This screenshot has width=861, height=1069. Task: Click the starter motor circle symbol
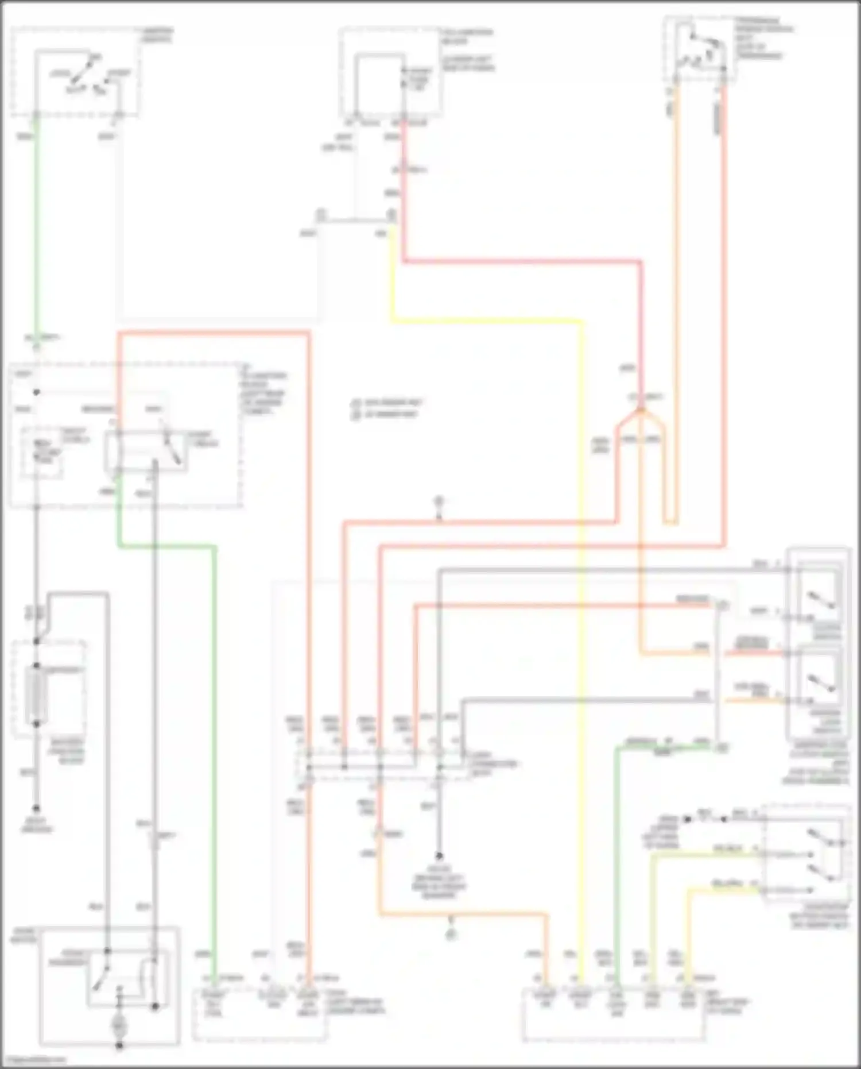coord(119,1026)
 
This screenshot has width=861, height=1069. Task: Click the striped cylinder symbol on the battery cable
coord(37,695)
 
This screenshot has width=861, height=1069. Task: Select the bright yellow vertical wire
coord(581,632)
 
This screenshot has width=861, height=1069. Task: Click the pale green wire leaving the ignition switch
coord(37,230)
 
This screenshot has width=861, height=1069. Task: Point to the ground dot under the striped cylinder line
coord(36,808)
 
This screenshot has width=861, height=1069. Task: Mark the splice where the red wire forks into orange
coord(640,410)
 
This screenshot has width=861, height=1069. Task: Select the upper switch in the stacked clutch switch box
coord(821,597)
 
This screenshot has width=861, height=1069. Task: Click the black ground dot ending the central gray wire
coord(439,855)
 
